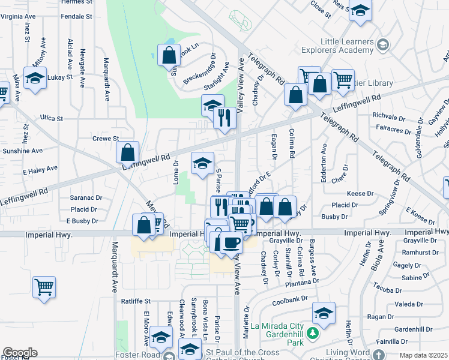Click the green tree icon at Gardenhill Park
coord(312,332)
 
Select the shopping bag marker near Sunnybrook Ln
coord(170,56)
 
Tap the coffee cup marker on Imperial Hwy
coord(231,243)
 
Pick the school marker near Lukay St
coord(35,79)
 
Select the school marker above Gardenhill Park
coord(324,313)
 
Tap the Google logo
coord(20,353)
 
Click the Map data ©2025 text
coord(424,355)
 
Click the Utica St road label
coord(52,118)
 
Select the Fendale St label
coord(76,16)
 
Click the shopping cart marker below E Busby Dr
coord(44,287)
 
